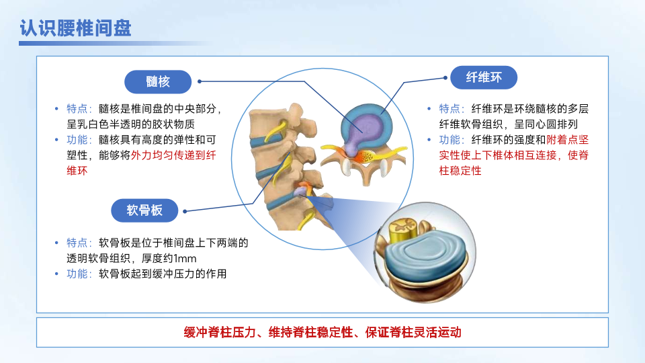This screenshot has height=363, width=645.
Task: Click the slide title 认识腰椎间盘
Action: pyautogui.click(x=76, y=28)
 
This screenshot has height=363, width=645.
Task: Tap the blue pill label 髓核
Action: pyautogui.click(x=158, y=81)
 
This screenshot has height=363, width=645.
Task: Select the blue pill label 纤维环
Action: pyautogui.click(x=484, y=77)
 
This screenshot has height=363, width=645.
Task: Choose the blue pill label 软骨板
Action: pyautogui.click(x=144, y=210)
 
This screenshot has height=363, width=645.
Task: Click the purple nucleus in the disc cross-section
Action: pyautogui.click(x=364, y=127)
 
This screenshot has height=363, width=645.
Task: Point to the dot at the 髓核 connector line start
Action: pyautogui.click(x=200, y=81)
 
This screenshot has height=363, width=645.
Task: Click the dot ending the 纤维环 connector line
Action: pyautogui.click(x=445, y=77)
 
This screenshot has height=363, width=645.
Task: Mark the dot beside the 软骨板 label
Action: pyautogui.click(x=185, y=211)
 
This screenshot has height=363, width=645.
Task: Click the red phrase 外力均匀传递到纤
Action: pyautogui.click(x=173, y=155)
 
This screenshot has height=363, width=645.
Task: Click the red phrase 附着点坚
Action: pyautogui.click(x=567, y=140)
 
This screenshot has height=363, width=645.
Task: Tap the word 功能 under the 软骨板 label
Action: pyautogui.click(x=77, y=274)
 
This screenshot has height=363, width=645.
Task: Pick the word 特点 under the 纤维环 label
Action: pyautogui.click(x=449, y=109)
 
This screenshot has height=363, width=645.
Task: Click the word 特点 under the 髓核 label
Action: pyautogui.click(x=77, y=109)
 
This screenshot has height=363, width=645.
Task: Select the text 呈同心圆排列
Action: pyautogui.click(x=546, y=124)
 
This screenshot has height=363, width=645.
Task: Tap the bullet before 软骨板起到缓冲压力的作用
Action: pyautogui.click(x=56, y=274)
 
